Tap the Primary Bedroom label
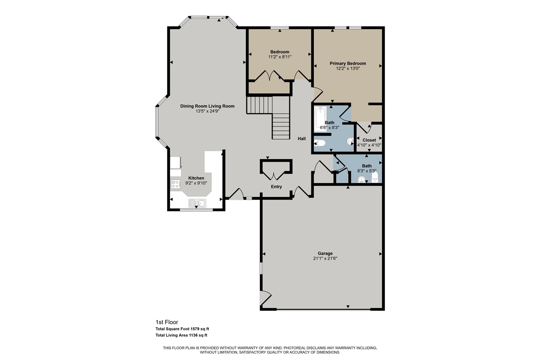tap(348, 63)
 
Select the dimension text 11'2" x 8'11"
tap(280, 57)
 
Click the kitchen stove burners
tap(175, 184)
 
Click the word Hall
tap(302, 138)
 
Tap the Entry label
tap(276, 187)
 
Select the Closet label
tap(369, 140)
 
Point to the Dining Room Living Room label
tap(207, 106)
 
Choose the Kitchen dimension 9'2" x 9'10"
tap(196, 183)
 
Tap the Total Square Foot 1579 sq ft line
tap(182, 329)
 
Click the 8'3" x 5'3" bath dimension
tap(367, 171)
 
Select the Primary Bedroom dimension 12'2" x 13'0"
tap(348, 68)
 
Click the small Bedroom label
tap(280, 51)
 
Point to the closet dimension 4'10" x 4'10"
tap(369, 145)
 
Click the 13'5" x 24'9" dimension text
tap(207, 111)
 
